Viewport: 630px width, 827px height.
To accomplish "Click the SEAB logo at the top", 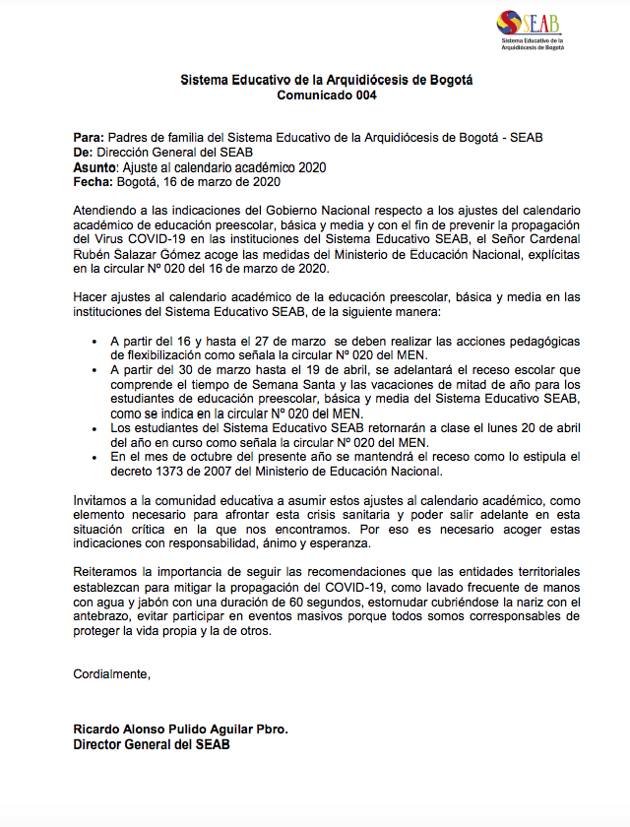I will click(x=533, y=31).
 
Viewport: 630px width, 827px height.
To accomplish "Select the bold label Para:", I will click(x=89, y=138).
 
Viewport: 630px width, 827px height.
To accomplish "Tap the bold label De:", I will click(x=84, y=153).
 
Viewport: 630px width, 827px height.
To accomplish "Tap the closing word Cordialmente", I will click(x=112, y=673).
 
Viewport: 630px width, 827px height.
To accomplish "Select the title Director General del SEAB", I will click(x=152, y=745).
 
